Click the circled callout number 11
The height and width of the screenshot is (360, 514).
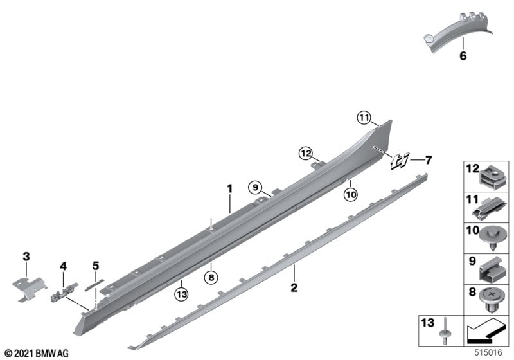[x=364, y=118]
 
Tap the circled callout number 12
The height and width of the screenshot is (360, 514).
[x=306, y=153]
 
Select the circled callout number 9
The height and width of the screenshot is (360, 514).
[x=255, y=188]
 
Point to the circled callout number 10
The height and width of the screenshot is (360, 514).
[x=350, y=195]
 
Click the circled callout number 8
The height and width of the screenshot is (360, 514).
[x=211, y=278]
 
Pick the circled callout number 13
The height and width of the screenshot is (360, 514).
[x=182, y=294]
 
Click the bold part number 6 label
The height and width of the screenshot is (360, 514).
[x=463, y=56]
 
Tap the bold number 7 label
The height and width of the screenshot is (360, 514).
[x=428, y=160]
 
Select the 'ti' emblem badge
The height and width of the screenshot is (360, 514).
[x=400, y=161]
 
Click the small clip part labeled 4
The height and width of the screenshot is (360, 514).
[x=65, y=292]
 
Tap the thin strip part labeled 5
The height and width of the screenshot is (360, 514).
[x=94, y=285]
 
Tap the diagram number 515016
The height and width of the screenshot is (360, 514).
[x=488, y=352]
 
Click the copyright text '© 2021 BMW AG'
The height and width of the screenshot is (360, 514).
[x=37, y=353]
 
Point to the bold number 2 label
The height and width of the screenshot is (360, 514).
[x=294, y=287]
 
